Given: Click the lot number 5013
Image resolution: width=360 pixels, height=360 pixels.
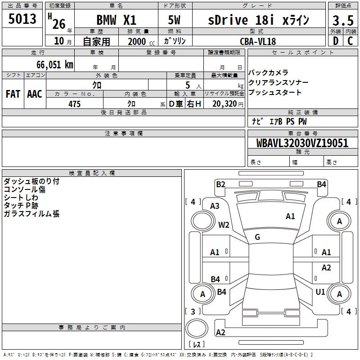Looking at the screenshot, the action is tap(22, 19).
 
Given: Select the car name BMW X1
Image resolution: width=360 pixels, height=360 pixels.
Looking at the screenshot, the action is tap(116, 20).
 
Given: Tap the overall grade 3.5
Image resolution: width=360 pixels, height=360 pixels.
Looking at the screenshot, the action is tap(342, 21).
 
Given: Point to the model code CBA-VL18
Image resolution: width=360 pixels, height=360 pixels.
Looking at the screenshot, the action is tap(258, 41).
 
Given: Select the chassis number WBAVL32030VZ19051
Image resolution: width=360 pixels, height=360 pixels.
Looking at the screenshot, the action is tap(302, 143).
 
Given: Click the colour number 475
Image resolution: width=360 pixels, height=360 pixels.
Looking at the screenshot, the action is tap(74, 104).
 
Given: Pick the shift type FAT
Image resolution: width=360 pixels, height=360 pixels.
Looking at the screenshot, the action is tap(13, 94).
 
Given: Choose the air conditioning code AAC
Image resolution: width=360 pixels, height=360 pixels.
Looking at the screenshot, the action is tap(35, 94).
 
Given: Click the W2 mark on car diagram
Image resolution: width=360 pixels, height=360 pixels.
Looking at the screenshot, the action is tap(224, 225).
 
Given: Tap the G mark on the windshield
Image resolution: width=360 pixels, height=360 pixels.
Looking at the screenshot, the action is tap(257, 237).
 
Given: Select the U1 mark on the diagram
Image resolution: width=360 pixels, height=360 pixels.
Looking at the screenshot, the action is tap(320, 292).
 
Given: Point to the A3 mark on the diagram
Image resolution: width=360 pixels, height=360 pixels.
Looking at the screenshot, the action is tap(215, 206).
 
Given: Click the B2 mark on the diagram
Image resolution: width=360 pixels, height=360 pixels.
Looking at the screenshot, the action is tap(220, 184).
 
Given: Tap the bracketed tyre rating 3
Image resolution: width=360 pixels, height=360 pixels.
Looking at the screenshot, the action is tap(193, 311).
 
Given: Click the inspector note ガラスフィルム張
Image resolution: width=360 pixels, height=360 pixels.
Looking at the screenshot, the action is tap(31, 214).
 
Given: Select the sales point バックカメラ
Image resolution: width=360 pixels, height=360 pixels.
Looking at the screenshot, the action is tap(268, 73).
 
